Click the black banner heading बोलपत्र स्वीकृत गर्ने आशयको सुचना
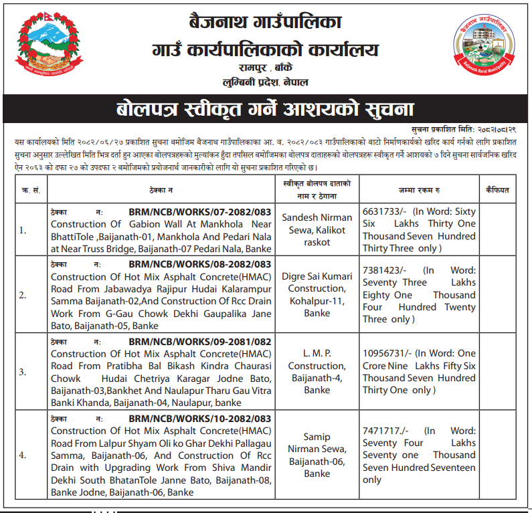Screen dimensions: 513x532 pos(266,109)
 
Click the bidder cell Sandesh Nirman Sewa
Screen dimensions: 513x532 pos(317,229)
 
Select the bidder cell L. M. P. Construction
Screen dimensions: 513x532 pos(317,371)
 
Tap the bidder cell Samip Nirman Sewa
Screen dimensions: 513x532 pos(317,455)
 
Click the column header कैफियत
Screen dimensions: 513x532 pos(497,190)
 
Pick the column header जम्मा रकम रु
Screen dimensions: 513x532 pos(418,190)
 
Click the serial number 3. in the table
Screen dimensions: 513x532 pos(23,371)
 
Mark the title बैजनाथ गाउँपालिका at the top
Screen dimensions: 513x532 pos(266,23)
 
